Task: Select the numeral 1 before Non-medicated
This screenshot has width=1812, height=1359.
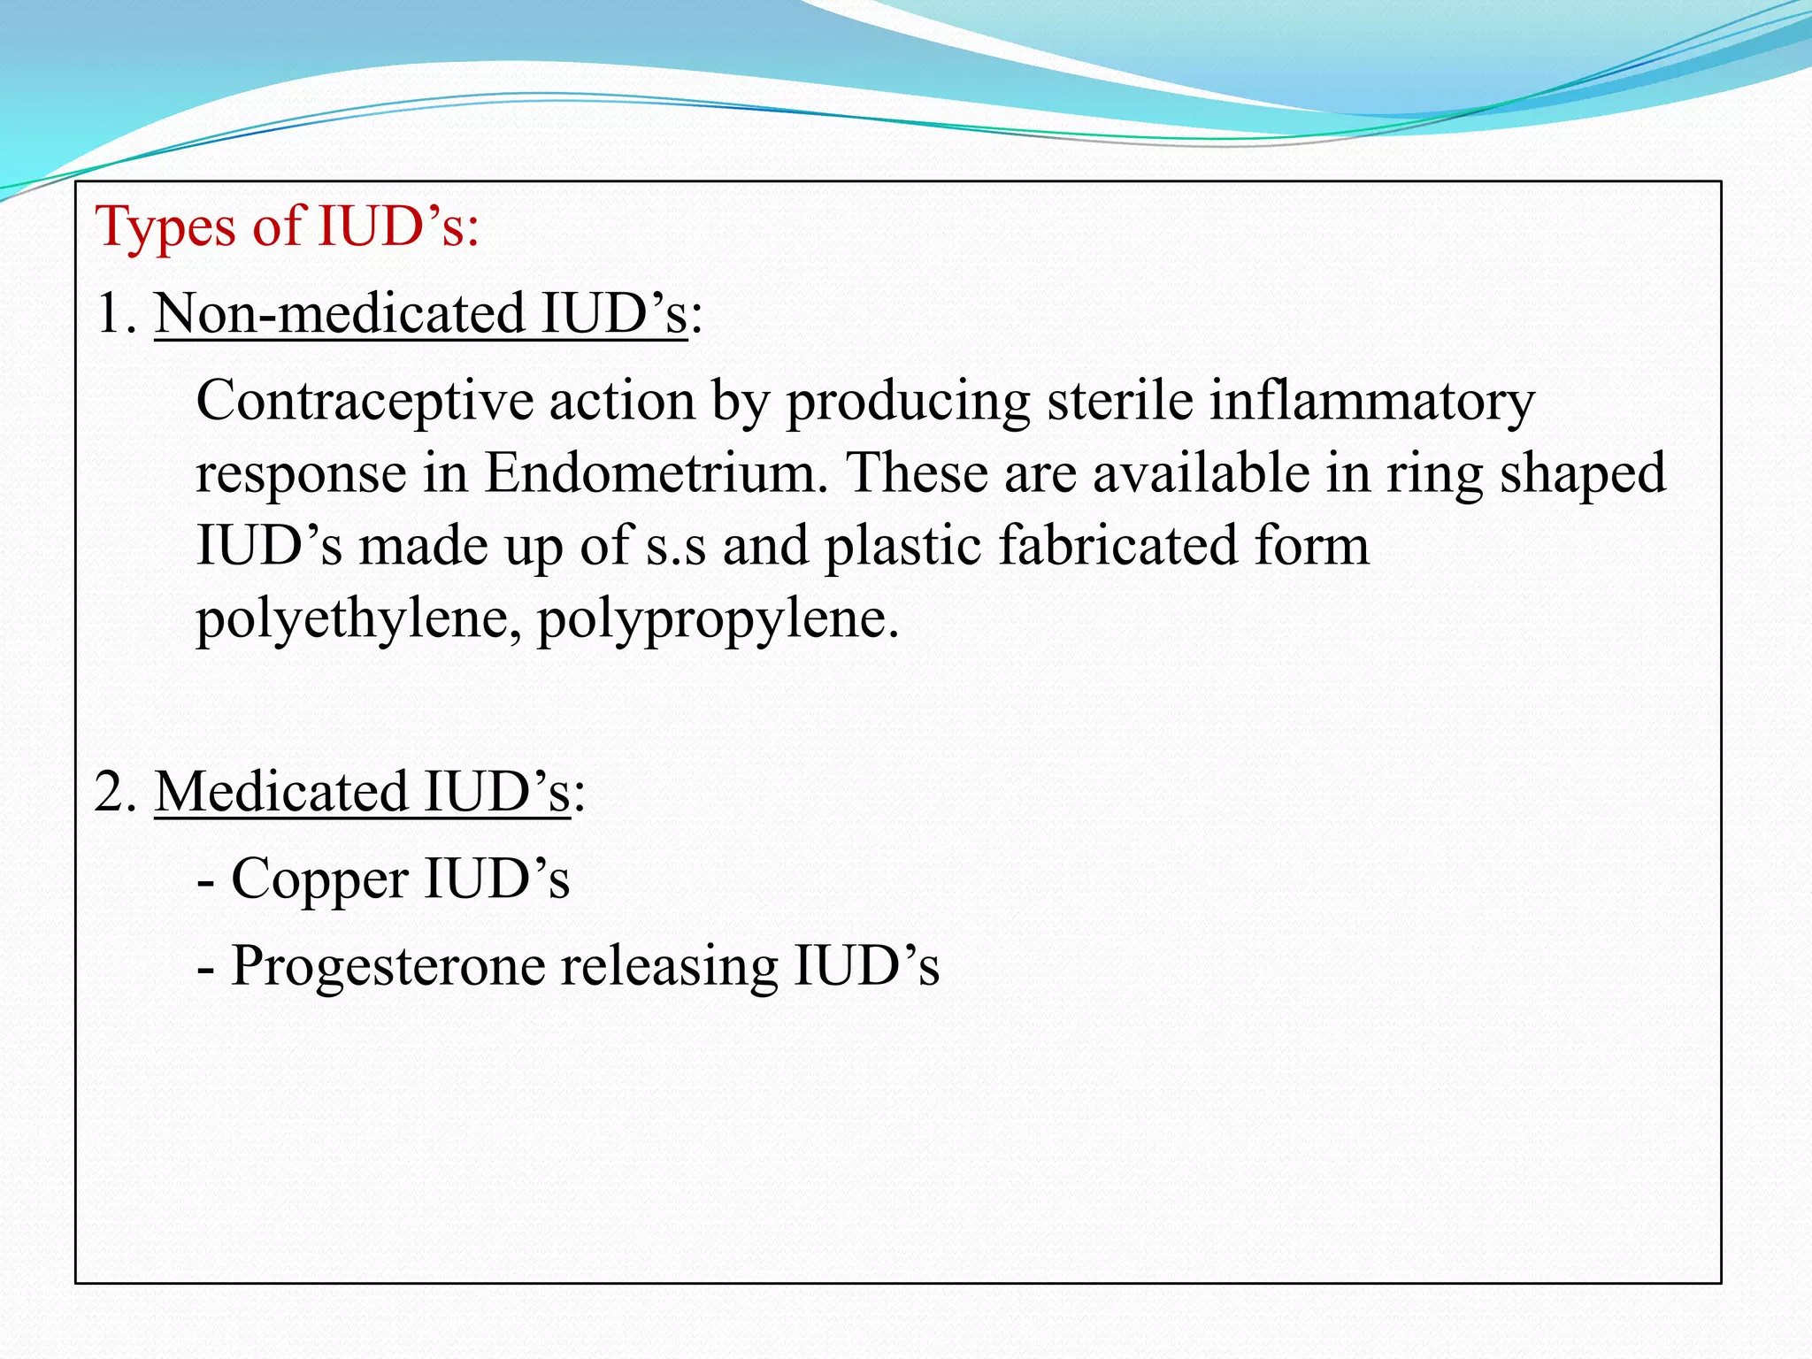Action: pyautogui.click(x=110, y=314)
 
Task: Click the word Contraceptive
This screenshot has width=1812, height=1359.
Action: pyautogui.click(x=365, y=402)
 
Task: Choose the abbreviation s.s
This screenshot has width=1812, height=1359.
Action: pyautogui.click(x=676, y=547)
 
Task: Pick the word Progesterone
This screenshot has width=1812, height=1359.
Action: pyautogui.click(x=388, y=967)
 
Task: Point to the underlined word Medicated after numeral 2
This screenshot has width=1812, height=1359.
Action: pyautogui.click(x=281, y=792)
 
